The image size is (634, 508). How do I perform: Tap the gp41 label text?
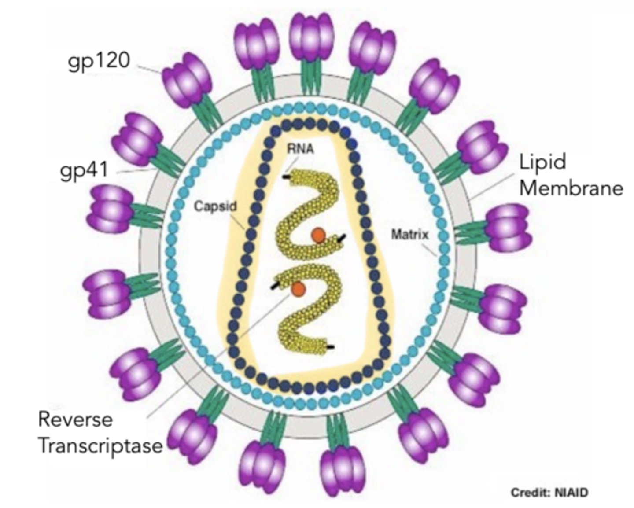click(84, 170)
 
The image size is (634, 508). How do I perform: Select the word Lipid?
click(542, 162)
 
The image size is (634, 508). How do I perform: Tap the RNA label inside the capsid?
click(301, 149)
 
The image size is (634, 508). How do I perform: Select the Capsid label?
click(215, 206)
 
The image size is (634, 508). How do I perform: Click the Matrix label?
click(409, 234)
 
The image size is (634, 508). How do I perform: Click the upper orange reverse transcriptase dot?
click(318, 236)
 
